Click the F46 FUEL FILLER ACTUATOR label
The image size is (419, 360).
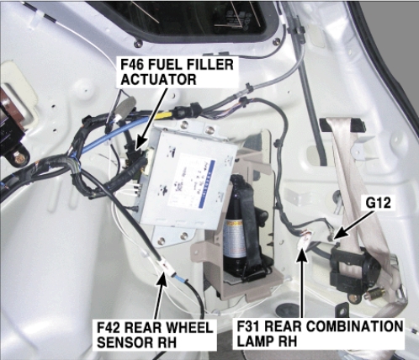point(178,72)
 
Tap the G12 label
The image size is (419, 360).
point(379,203)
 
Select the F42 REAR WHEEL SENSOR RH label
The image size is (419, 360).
point(155,335)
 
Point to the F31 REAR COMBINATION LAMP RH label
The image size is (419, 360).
point(319,334)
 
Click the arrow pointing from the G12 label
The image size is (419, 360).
point(355,225)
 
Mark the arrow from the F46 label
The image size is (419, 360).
point(151,119)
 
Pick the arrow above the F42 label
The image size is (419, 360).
point(160,296)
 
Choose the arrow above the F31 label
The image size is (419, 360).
point(302,283)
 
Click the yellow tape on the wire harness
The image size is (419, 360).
point(165,114)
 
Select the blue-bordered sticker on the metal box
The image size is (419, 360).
point(192,183)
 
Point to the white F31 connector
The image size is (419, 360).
point(305,239)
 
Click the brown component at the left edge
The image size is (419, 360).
point(11,112)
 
